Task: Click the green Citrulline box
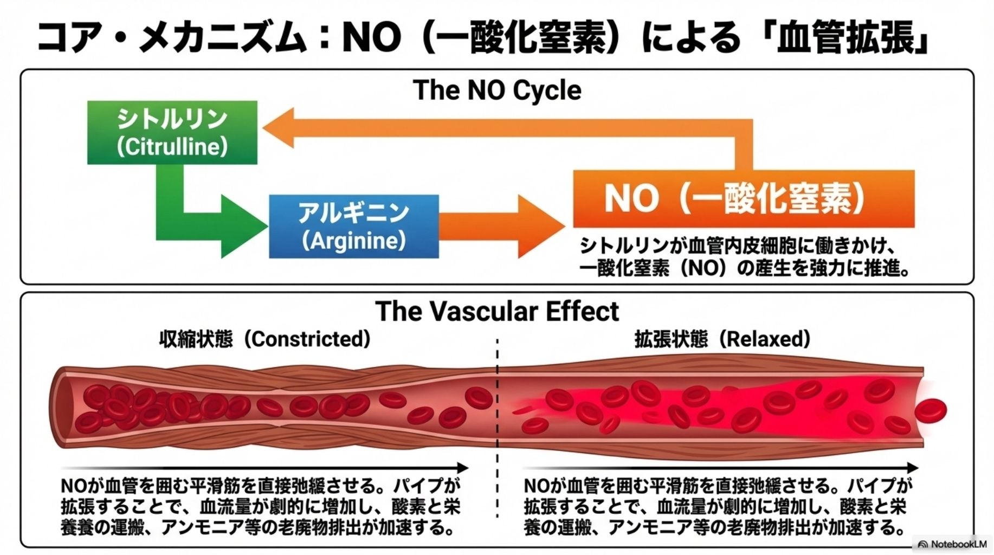point(172,132)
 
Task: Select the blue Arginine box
point(353,225)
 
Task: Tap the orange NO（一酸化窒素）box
point(743,198)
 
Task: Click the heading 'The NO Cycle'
point(497,90)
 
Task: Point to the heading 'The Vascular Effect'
point(497,311)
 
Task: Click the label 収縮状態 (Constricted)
point(265,339)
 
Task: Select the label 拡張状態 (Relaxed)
point(722,339)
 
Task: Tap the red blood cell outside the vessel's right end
point(931,410)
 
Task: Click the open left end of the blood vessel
point(61,408)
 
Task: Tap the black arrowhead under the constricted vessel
point(462,468)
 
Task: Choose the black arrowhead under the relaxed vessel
point(913,468)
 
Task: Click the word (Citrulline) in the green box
point(172,146)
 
